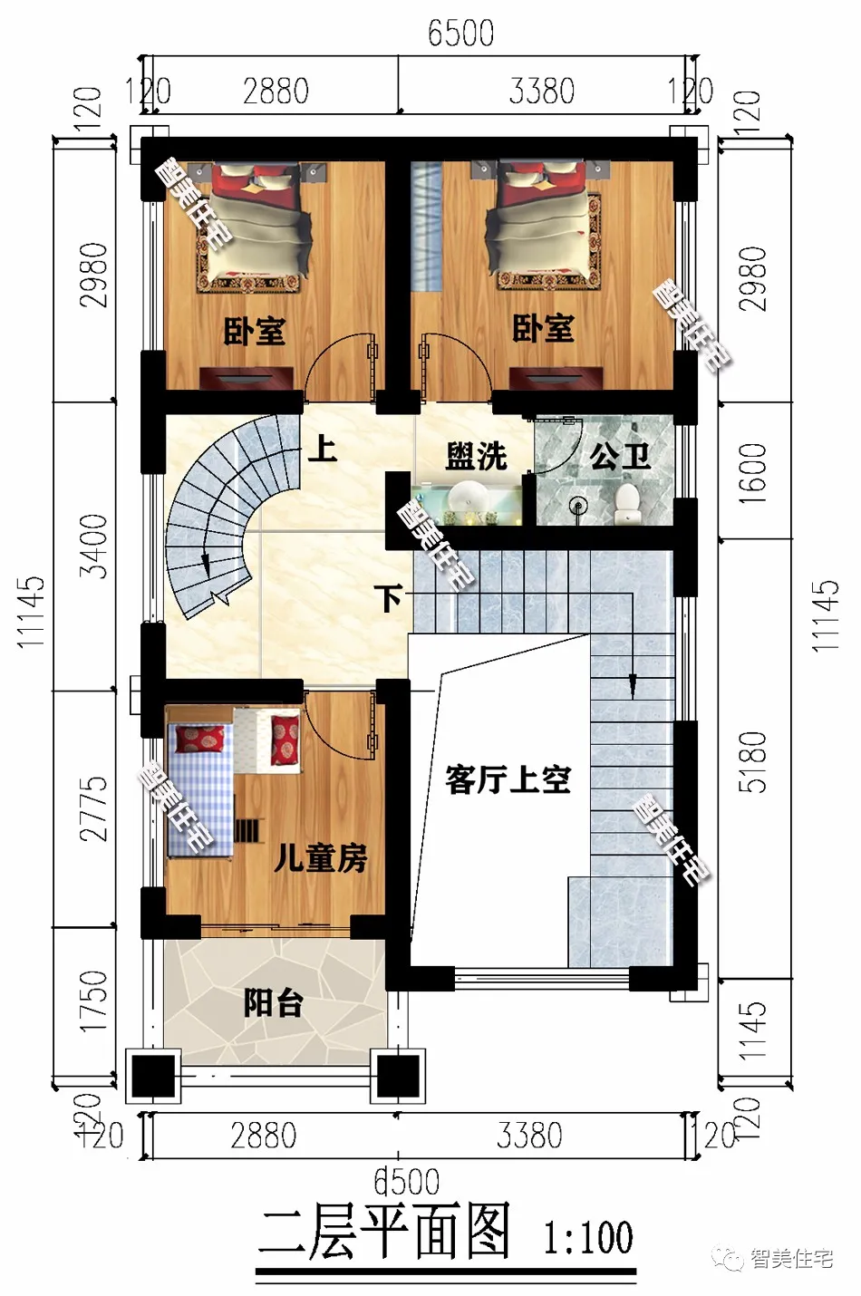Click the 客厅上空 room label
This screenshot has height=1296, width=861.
point(508,779)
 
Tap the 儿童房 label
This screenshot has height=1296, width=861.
point(321,857)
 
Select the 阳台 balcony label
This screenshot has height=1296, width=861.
point(273,1003)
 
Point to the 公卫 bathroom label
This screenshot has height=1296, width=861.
point(621,456)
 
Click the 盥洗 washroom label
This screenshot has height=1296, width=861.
point(476,456)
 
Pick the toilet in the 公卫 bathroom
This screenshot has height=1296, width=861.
point(626,503)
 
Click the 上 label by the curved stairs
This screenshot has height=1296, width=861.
point(322,448)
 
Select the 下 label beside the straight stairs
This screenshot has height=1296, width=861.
point(390,598)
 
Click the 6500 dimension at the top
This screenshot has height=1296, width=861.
point(460,34)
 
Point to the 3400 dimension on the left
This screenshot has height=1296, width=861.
point(94,546)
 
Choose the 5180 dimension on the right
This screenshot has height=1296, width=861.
point(752,761)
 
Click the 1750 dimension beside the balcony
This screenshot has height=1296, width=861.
point(94,1001)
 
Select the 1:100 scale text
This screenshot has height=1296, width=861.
point(587,1238)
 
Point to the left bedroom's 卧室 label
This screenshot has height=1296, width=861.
point(254,332)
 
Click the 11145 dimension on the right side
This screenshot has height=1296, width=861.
point(825,616)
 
